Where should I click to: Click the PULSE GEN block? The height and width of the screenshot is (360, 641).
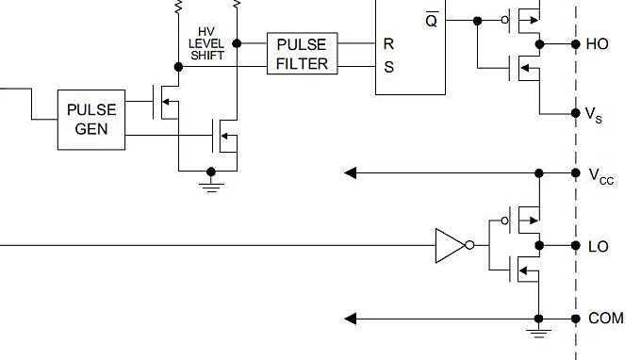(90, 120)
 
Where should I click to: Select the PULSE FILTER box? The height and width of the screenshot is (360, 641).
(302, 55)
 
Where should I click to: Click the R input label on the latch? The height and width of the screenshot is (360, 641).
(388, 43)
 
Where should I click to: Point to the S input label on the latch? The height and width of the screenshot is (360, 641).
(388, 66)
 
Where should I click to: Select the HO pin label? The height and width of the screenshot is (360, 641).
(598, 43)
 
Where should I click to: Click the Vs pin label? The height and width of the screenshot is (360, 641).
(595, 114)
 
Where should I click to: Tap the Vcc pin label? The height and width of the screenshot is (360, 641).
(600, 174)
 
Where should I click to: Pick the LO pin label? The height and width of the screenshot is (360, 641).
(598, 247)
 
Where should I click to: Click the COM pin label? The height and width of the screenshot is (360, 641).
(605, 319)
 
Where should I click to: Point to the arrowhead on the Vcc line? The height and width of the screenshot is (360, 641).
(351, 173)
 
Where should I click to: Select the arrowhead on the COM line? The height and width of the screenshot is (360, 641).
(351, 319)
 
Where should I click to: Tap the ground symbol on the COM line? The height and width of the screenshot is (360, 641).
(538, 332)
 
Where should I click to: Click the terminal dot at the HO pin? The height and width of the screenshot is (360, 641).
(575, 43)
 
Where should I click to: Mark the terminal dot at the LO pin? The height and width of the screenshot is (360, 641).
(575, 246)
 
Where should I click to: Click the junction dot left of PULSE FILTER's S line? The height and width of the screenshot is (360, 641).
(178, 67)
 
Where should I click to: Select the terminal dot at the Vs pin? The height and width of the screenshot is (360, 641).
(575, 113)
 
